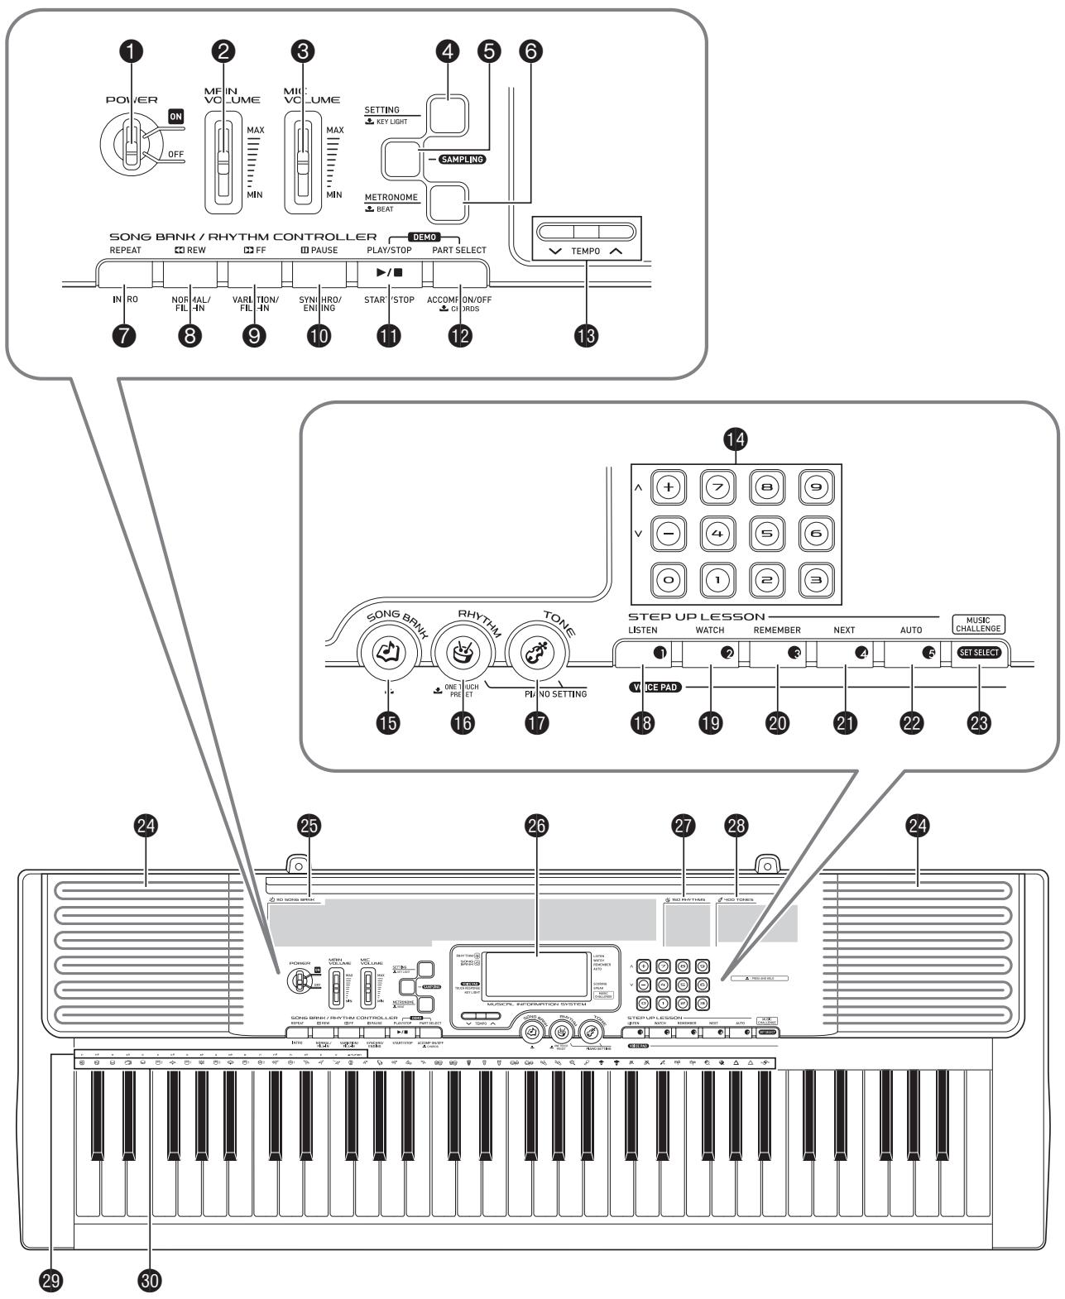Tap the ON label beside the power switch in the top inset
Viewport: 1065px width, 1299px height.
point(175,117)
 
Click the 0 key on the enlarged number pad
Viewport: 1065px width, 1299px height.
point(668,581)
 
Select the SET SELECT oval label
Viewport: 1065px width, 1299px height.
point(979,652)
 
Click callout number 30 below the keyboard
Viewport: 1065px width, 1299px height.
point(151,1282)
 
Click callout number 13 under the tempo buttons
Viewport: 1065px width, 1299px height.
point(588,335)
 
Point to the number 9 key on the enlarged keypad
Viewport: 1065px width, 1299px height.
point(814,488)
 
